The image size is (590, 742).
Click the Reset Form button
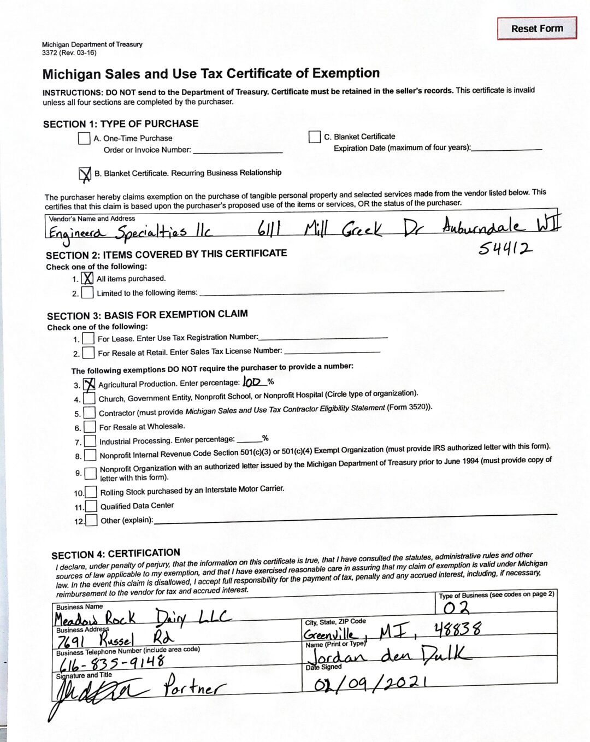536,28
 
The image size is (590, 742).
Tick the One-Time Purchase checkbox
84,138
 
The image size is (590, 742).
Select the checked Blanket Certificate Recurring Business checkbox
85,174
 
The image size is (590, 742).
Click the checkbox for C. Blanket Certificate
315,137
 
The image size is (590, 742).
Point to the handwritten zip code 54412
505,249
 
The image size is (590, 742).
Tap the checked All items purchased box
87,279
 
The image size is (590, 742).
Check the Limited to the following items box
87,293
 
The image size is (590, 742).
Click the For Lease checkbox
88,339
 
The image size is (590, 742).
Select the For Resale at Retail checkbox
88,353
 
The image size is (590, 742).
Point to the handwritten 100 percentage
252,382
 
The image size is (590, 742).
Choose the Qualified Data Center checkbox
91,507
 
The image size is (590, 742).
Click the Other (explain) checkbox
91,520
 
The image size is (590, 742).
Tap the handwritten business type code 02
456,608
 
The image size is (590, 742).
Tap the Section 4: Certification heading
116,554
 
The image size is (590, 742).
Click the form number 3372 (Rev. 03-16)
69,53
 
